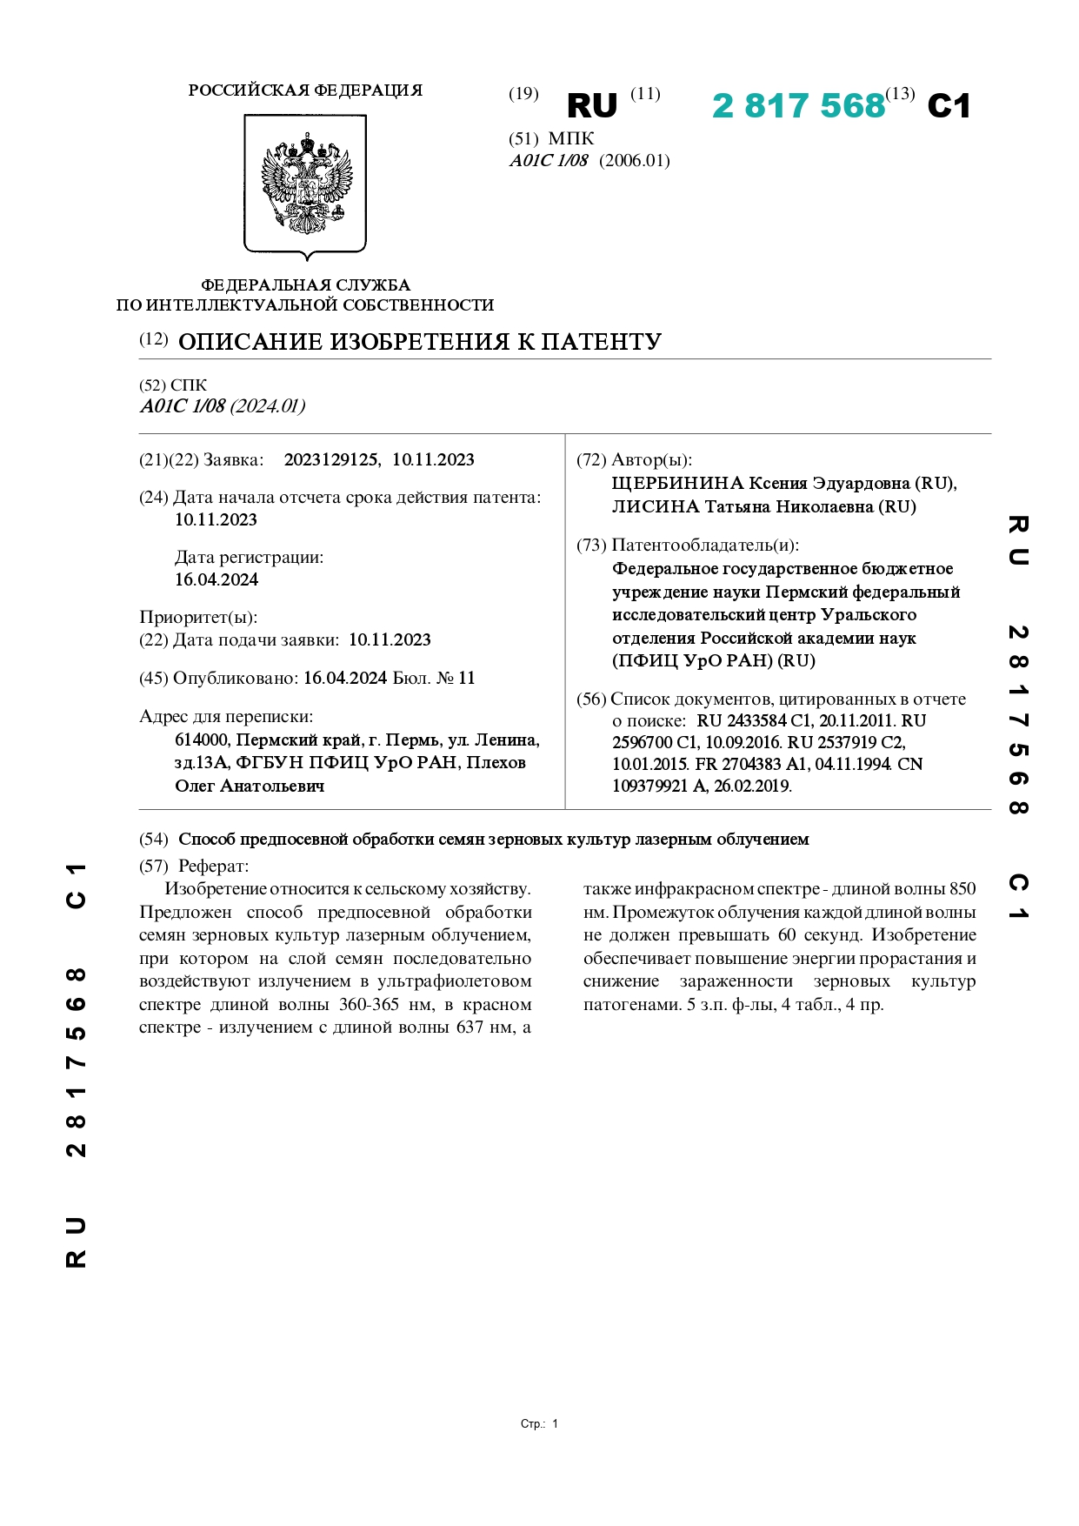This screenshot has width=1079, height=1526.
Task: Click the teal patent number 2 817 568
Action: (x=797, y=106)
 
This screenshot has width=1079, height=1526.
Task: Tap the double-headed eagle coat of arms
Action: (x=306, y=183)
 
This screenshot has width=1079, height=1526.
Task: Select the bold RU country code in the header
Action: (x=591, y=106)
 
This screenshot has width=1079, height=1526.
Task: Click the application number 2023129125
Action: (x=330, y=460)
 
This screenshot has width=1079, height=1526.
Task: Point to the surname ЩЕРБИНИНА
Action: (x=677, y=484)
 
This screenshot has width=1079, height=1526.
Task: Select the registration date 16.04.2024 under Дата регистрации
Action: (x=216, y=579)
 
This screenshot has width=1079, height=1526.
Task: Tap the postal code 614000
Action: (x=203, y=740)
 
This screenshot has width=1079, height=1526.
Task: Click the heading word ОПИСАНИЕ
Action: (x=250, y=342)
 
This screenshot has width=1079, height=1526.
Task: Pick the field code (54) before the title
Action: (x=154, y=840)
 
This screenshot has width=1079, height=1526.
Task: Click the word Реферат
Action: (x=213, y=866)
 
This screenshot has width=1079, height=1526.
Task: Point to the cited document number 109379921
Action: (x=657, y=786)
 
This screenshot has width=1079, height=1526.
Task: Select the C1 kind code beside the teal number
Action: (x=949, y=106)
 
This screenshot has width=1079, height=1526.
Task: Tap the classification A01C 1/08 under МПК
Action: (x=549, y=161)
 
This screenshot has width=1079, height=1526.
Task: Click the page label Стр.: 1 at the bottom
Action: (x=539, y=1424)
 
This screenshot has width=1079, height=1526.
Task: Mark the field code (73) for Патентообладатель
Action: (x=591, y=545)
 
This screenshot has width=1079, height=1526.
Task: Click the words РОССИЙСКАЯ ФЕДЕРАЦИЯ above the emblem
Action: (x=305, y=90)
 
